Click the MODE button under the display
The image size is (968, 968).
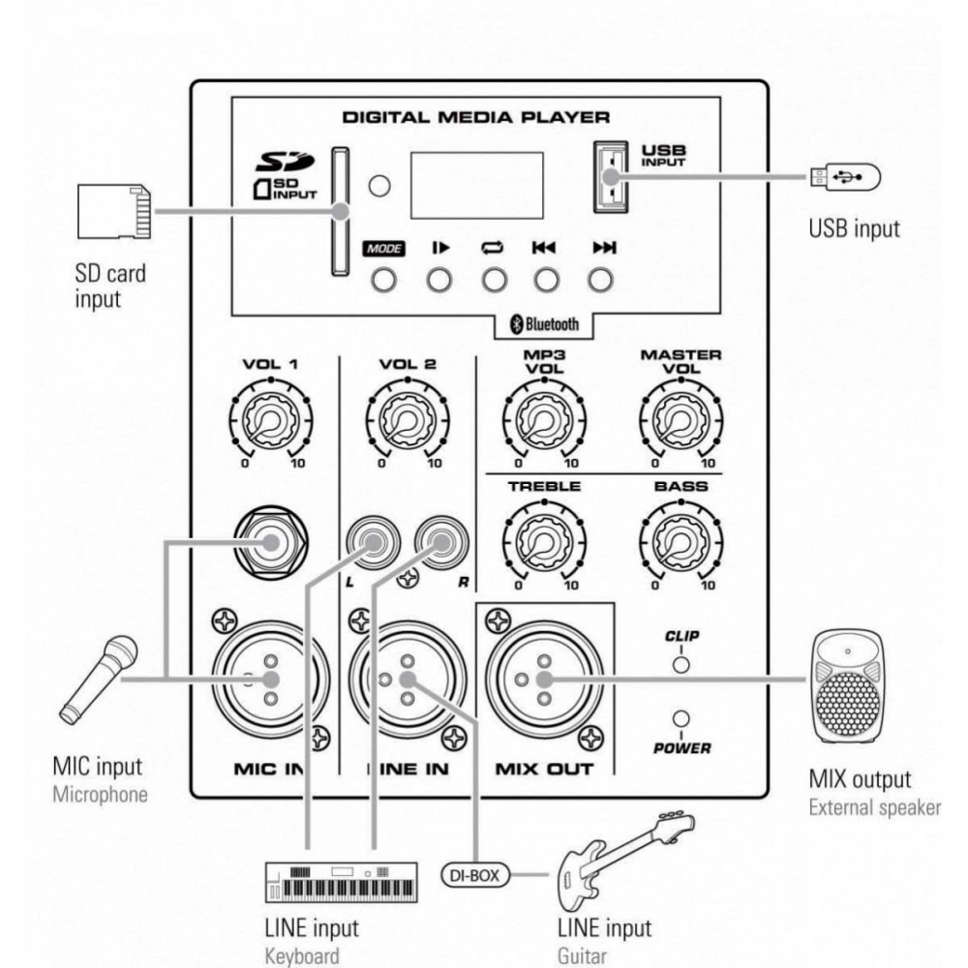pyautogui.click(x=384, y=279)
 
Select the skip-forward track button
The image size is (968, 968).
pyautogui.click(x=602, y=279)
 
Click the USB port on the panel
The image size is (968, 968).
pyautogui.click(x=609, y=177)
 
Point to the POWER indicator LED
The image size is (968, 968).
pyautogui.click(x=681, y=719)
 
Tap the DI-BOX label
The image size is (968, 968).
pyautogui.click(x=475, y=877)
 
